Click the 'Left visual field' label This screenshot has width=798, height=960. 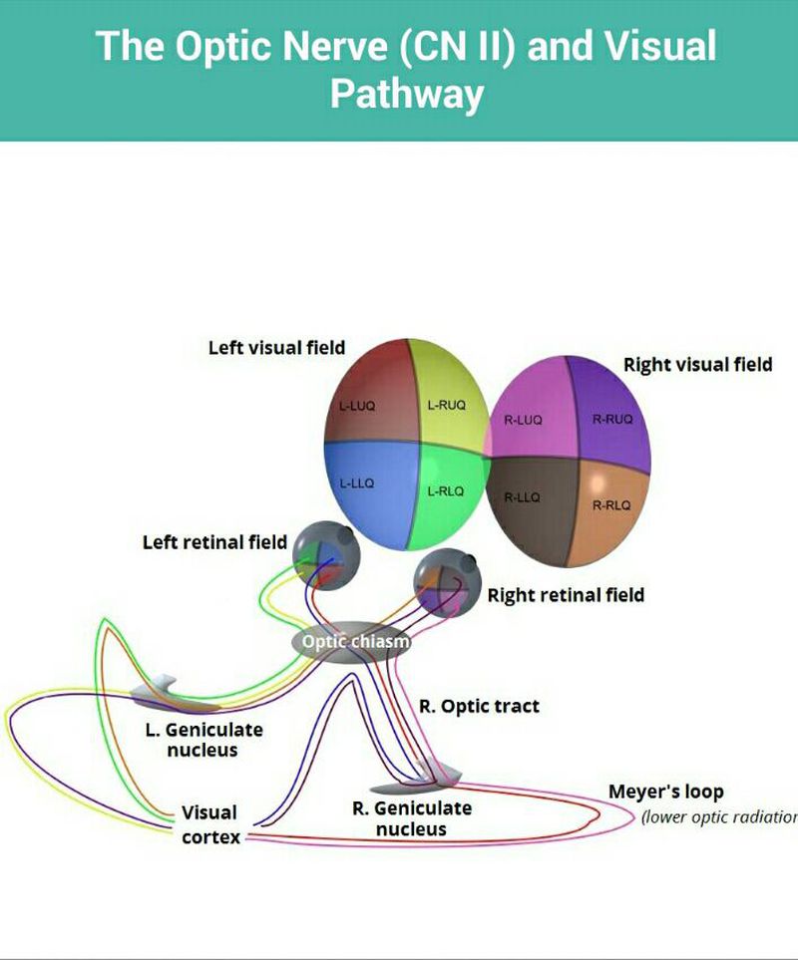click(x=276, y=348)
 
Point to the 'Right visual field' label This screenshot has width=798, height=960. click(x=697, y=365)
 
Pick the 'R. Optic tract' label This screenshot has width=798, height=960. click(x=479, y=706)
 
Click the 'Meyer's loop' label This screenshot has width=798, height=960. click(x=666, y=793)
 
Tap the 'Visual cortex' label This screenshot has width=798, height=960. click(x=209, y=824)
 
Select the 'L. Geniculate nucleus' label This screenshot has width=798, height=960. click(x=204, y=739)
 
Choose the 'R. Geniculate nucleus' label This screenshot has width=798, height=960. click(x=412, y=817)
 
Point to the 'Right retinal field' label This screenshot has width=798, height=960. click(x=566, y=595)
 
